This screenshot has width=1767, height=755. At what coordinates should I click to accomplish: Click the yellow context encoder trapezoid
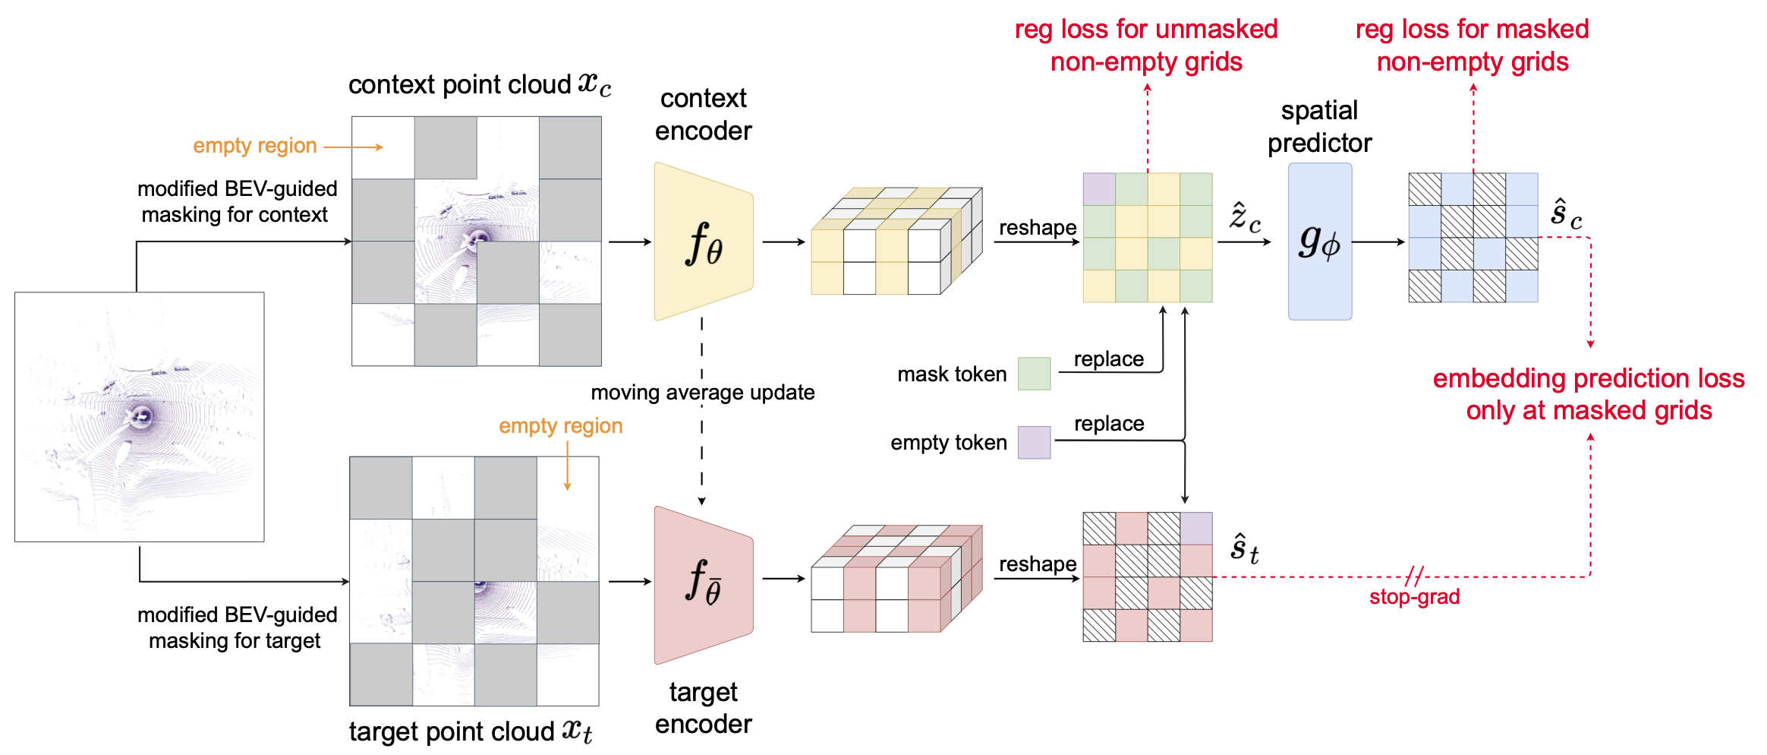click(703, 242)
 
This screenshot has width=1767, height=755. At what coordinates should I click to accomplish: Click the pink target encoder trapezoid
click(703, 583)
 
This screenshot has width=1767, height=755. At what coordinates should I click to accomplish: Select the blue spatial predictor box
click(1319, 242)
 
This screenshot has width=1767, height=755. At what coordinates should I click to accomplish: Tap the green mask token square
click(1034, 374)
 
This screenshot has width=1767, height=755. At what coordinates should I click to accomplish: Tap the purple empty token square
click(1034, 442)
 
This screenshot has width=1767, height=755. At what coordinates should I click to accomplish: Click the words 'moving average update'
click(703, 393)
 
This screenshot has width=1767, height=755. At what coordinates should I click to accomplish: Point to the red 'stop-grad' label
click(1414, 597)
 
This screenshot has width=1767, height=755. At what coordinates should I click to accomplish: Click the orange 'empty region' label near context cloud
click(255, 146)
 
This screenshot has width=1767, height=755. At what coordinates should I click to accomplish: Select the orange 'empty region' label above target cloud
click(560, 426)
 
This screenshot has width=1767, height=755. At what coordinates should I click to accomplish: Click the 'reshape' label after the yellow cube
click(1038, 228)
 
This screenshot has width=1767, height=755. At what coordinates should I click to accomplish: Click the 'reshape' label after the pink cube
click(1038, 564)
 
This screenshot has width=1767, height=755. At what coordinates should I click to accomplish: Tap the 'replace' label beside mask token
click(1108, 359)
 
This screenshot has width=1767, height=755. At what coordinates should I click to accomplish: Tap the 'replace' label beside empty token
click(1108, 424)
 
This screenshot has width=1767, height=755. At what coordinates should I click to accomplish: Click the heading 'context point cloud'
click(459, 85)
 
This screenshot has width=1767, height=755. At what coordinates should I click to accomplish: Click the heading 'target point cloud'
click(452, 731)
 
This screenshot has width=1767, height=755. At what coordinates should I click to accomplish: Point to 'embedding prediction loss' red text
click(1588, 378)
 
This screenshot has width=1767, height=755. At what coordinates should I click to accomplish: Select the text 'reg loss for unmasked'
click(1146, 30)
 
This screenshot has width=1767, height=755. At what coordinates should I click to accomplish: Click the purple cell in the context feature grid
click(1099, 189)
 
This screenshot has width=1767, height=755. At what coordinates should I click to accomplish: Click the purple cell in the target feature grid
click(1196, 529)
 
